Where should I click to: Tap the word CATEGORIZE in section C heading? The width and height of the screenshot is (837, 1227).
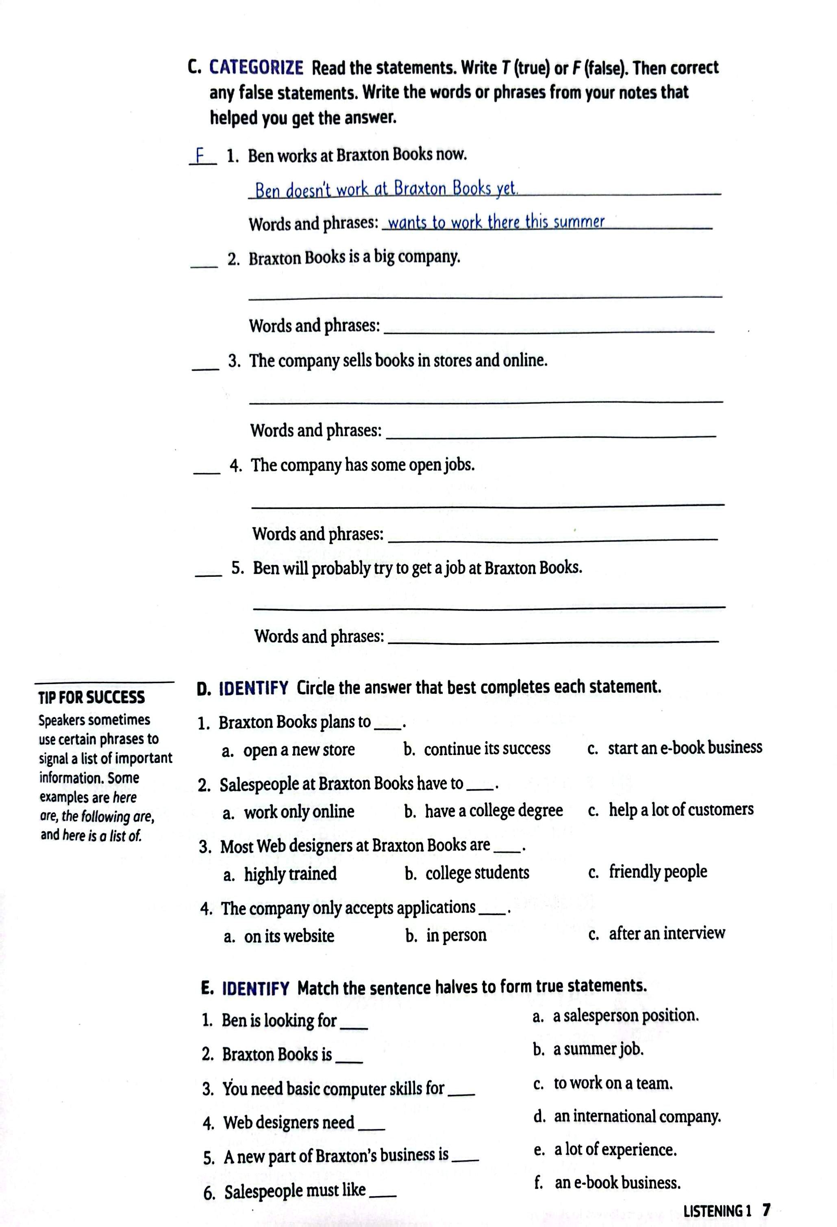click(x=256, y=68)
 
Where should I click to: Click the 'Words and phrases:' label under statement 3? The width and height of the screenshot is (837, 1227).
click(x=315, y=430)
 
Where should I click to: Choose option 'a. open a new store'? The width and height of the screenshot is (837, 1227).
click(x=289, y=750)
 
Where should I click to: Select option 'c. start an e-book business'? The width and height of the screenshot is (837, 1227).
click(x=674, y=748)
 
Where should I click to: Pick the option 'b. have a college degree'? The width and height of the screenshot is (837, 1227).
click(x=483, y=810)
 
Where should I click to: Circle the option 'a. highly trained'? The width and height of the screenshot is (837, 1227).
click(x=280, y=874)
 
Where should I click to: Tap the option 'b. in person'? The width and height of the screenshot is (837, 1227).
click(x=446, y=935)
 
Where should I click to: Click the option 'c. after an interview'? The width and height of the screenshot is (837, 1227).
click(x=656, y=933)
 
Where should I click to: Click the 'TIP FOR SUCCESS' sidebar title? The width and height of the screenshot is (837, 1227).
click(x=91, y=697)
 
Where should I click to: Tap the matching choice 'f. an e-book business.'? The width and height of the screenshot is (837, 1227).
click(x=608, y=1183)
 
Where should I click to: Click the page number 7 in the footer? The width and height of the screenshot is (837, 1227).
click(x=766, y=1210)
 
